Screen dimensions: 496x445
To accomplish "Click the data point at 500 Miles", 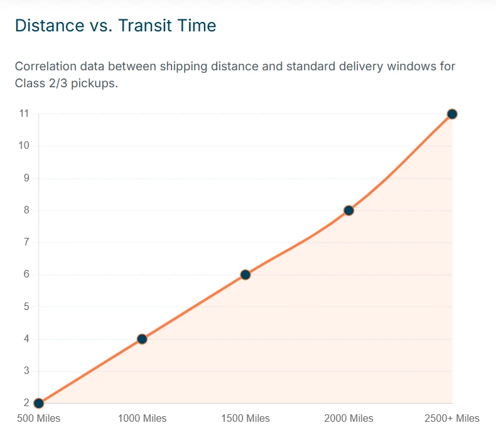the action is pyautogui.click(x=38, y=403).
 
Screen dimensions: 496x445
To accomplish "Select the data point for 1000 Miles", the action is pyautogui.click(x=142, y=339).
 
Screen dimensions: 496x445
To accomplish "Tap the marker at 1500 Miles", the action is pyautogui.click(x=245, y=275).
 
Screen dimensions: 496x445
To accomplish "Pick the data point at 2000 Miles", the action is pyautogui.click(x=348, y=211).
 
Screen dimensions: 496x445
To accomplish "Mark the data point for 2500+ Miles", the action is pyautogui.click(x=452, y=114).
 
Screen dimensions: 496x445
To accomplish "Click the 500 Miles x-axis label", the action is pyautogui.click(x=38, y=419).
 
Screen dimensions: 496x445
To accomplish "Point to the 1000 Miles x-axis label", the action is pyautogui.click(x=142, y=419).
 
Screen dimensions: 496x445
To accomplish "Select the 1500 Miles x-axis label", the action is pyautogui.click(x=245, y=419).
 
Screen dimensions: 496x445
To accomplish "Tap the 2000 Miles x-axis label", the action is pyautogui.click(x=348, y=419).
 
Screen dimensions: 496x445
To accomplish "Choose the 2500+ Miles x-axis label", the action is pyautogui.click(x=452, y=419).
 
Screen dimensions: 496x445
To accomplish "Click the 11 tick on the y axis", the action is pyautogui.click(x=24, y=113).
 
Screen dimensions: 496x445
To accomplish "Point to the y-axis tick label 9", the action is pyautogui.click(x=26, y=178).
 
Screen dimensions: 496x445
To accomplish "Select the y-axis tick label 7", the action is pyautogui.click(x=26, y=242).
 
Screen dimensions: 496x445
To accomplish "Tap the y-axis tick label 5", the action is pyautogui.click(x=26, y=306).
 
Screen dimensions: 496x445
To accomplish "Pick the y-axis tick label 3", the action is pyautogui.click(x=26, y=371).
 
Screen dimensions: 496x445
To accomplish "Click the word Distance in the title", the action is pyautogui.click(x=50, y=25).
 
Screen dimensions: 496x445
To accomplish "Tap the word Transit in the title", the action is pyautogui.click(x=145, y=25).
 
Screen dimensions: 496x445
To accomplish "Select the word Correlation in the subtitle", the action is pyautogui.click(x=46, y=67).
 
